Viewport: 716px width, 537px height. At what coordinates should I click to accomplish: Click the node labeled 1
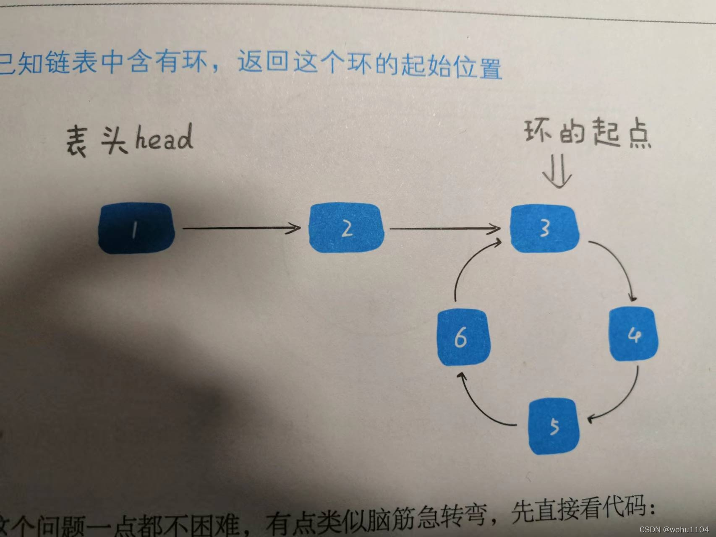(x=136, y=228)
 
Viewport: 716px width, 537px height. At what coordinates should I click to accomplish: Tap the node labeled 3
(x=544, y=229)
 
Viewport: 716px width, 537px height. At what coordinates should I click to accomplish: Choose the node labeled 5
(x=554, y=426)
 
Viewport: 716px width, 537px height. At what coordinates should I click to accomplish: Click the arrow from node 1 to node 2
(x=241, y=228)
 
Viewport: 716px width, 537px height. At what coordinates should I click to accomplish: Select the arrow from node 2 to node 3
(x=445, y=229)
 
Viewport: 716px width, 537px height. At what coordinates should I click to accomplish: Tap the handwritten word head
(x=164, y=138)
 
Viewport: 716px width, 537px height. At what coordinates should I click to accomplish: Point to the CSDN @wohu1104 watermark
(x=674, y=529)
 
